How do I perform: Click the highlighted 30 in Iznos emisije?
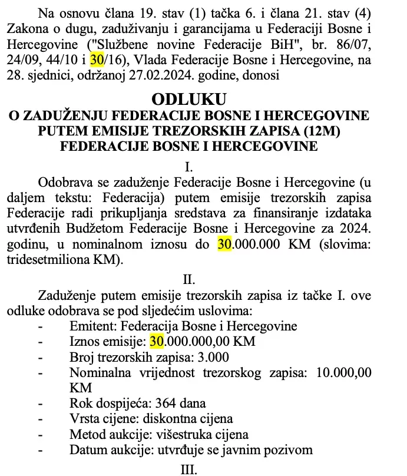157,342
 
